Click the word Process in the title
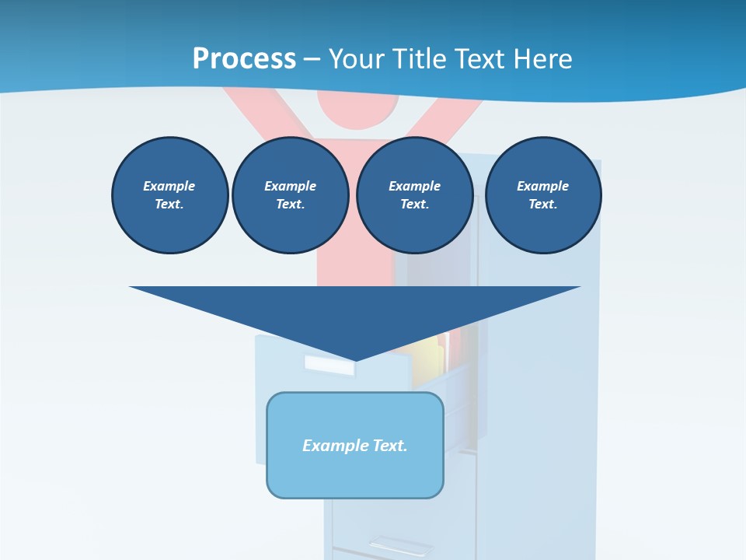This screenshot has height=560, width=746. click(x=244, y=59)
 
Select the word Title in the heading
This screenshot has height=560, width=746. click(x=423, y=59)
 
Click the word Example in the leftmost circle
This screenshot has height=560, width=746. click(x=169, y=186)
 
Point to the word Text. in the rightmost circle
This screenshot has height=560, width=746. click(x=542, y=204)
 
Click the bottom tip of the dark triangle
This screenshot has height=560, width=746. click(x=355, y=360)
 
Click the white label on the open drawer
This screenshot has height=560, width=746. click(x=328, y=366)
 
